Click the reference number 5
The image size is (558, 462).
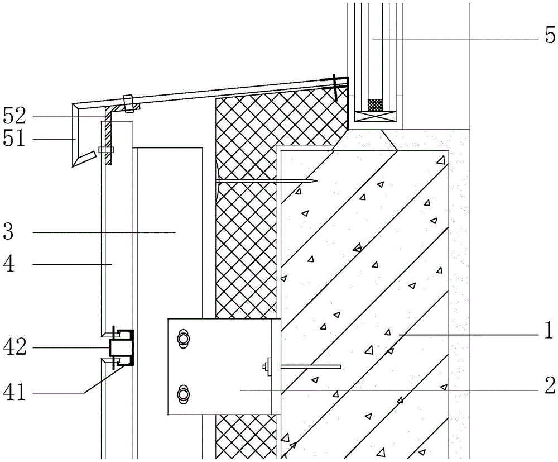[x=550, y=37]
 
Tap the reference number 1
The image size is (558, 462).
[x=549, y=331]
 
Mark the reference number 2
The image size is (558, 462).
[x=549, y=385]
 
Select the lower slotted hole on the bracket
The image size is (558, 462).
[x=182, y=394]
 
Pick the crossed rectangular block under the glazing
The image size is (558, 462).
[x=375, y=117]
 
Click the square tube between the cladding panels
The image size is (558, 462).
[x=118, y=347]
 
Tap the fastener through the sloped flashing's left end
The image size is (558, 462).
[x=128, y=103]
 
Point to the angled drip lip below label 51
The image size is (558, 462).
[x=81, y=159]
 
